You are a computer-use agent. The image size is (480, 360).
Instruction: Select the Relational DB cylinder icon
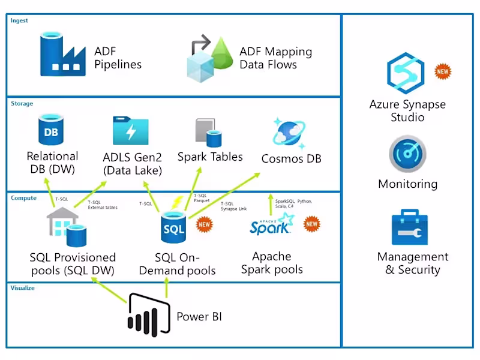(52, 130)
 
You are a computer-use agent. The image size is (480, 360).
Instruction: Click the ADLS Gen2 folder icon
(131, 131)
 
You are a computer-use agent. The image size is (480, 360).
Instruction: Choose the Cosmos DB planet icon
(290, 132)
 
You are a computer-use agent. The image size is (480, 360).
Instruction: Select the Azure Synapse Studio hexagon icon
(406, 73)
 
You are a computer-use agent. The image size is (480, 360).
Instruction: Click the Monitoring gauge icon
(407, 154)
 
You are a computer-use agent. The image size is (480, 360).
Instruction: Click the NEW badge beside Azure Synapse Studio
(443, 71)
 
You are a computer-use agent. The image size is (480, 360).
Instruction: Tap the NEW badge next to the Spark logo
(312, 224)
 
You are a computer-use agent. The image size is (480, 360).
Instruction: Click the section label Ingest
(19, 21)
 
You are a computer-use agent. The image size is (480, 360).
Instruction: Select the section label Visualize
(23, 288)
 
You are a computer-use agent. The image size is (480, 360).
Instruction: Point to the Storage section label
(22, 104)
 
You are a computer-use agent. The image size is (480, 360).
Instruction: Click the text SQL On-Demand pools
(177, 264)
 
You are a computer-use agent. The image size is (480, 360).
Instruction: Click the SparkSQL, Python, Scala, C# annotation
(293, 203)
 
